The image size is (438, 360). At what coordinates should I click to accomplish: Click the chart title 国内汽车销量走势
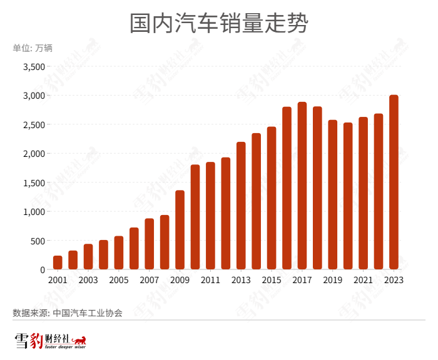pos(218,24)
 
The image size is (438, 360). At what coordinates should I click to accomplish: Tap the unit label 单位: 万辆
pos(33,48)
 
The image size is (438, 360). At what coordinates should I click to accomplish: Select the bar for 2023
pos(394,182)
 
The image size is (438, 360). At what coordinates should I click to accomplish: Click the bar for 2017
pos(302,186)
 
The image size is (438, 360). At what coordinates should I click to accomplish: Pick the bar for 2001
pos(58,262)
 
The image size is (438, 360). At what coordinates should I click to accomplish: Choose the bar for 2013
pos(241,206)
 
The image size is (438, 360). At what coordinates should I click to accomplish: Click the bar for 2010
pos(195,217)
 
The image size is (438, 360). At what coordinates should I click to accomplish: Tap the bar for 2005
pos(119,252)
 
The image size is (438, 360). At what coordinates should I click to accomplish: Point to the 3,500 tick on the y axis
pos(34,67)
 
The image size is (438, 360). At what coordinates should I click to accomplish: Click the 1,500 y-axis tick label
pos(34,182)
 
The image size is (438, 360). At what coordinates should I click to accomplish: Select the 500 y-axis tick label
pos(38,241)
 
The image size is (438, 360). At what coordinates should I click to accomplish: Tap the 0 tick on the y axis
pos(43,269)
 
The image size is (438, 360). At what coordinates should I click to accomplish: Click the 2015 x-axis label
pos(272,280)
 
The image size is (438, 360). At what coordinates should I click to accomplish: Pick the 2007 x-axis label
pos(149,280)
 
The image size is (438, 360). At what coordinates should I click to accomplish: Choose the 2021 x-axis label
pos(363,280)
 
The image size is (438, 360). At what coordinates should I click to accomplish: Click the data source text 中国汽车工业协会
pos(88,312)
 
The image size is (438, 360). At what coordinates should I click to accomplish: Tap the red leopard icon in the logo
pos(79,341)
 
